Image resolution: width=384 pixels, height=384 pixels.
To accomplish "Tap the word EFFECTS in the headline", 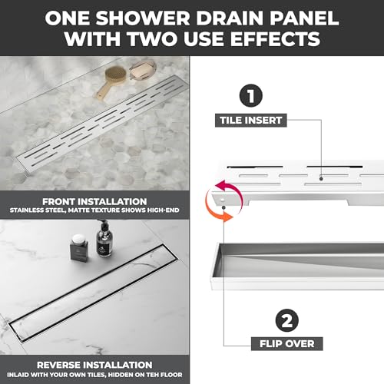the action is click(275, 38).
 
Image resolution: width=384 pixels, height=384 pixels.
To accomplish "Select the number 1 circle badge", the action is click(251, 95).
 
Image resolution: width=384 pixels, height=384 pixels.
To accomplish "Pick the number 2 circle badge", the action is click(287, 320).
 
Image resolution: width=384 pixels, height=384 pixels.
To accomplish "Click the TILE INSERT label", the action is click(251, 121).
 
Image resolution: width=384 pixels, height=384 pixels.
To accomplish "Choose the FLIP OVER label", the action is click(287, 344).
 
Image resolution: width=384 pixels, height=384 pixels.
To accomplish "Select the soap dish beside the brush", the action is click(143, 69).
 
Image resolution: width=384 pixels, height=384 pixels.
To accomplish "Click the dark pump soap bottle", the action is click(104, 240).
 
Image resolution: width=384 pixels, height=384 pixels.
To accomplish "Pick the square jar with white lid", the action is click(79, 248).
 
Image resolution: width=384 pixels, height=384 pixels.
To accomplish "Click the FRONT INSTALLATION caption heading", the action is click(94, 201).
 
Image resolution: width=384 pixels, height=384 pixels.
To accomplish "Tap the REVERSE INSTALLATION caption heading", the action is click(94, 365).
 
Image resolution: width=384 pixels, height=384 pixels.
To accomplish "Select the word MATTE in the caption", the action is click(78, 210).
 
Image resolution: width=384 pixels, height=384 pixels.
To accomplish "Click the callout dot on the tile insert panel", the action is click(321, 179).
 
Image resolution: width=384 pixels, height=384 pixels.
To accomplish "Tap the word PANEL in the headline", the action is click(304, 18).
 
